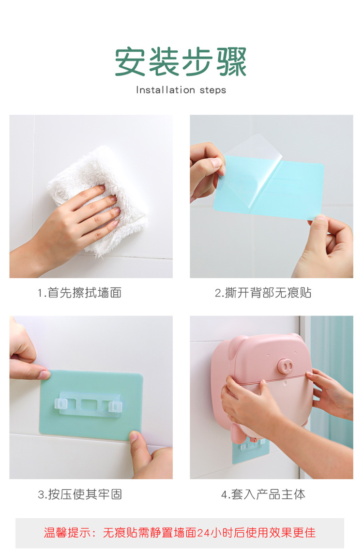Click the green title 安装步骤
[x=181, y=62]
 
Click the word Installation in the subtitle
[x=158, y=90]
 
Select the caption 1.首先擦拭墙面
[x=80, y=293]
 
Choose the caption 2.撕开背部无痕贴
[x=263, y=293]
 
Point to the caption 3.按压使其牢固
[x=80, y=494]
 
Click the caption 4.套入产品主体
[x=263, y=494]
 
